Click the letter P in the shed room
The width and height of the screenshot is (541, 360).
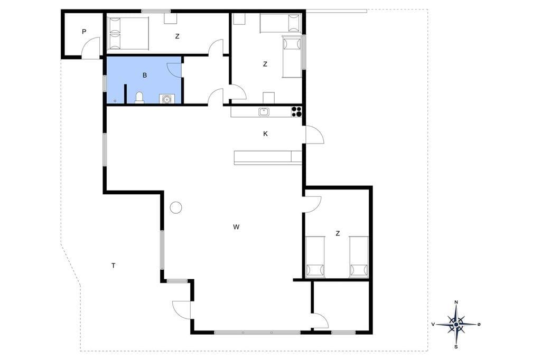click(x=84, y=32)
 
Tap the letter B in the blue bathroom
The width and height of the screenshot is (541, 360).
click(x=145, y=75)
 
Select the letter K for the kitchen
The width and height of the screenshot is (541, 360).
click(x=265, y=134)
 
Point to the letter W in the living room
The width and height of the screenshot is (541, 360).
click(x=236, y=227)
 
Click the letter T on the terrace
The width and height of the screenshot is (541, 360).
click(x=113, y=266)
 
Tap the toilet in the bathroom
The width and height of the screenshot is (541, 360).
click(x=139, y=98)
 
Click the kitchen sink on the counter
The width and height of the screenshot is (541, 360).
click(x=264, y=112)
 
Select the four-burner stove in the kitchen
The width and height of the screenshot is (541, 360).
click(x=297, y=112)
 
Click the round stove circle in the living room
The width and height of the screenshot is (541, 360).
click(x=176, y=207)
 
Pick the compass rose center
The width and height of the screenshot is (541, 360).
click(x=456, y=325)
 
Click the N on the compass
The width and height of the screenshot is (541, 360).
click(x=456, y=302)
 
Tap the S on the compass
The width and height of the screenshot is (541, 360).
click(x=456, y=347)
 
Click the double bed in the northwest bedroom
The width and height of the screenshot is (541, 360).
click(x=128, y=33)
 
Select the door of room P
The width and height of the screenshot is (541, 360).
click(x=91, y=48)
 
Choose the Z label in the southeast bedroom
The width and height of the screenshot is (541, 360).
click(x=338, y=233)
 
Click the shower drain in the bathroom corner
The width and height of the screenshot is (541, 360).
click(x=115, y=101)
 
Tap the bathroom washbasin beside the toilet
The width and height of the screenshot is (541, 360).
click(x=166, y=99)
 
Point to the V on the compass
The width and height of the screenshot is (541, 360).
click(x=433, y=325)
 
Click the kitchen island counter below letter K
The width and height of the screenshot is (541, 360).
click(x=268, y=157)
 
